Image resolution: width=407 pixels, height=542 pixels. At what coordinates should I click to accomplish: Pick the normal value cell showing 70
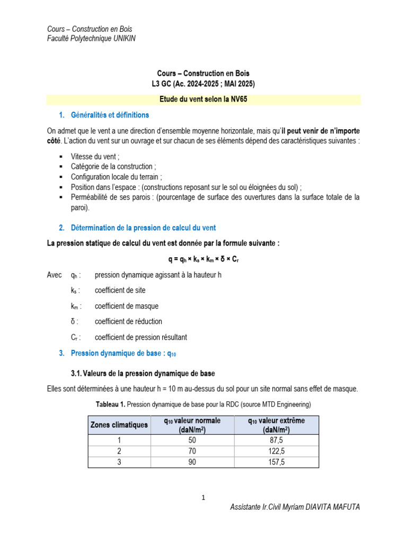pyautogui.click(x=192, y=451)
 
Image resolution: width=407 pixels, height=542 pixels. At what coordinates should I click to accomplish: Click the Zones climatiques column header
pyautogui.click(x=119, y=425)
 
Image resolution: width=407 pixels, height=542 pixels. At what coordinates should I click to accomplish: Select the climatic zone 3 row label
pyautogui.click(x=119, y=462)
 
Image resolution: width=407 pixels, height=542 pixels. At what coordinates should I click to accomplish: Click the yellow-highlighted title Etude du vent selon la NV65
pyautogui.click(x=203, y=100)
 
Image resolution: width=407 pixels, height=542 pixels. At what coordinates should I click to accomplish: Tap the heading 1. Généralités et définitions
pyautogui.click(x=103, y=115)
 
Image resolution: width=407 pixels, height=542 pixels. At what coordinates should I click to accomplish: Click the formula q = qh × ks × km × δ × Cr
pyautogui.click(x=203, y=260)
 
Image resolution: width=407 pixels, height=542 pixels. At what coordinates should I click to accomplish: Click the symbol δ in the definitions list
pyautogui.click(x=73, y=321)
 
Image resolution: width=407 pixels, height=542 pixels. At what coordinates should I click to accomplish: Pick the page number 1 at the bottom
pyautogui.click(x=203, y=498)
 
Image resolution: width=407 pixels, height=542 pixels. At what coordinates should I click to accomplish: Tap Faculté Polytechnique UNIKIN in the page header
pyautogui.click(x=91, y=39)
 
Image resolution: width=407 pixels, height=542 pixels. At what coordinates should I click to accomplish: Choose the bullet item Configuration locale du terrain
pyautogui.click(x=117, y=176)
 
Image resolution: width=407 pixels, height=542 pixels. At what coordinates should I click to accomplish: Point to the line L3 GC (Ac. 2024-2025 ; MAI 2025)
pyautogui.click(x=203, y=84)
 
